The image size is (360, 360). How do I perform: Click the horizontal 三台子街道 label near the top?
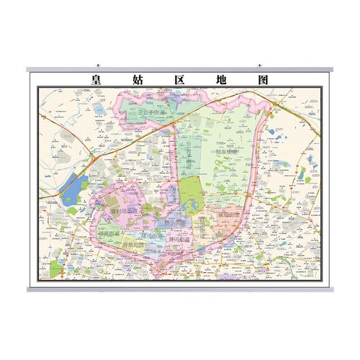coord(148,113)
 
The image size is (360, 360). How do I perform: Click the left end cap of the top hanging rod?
coord(29,70)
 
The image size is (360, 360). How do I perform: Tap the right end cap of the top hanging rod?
coord(331,70)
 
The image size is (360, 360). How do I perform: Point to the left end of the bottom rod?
coord(29,289)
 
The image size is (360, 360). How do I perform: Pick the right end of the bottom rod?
coord(331,289)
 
